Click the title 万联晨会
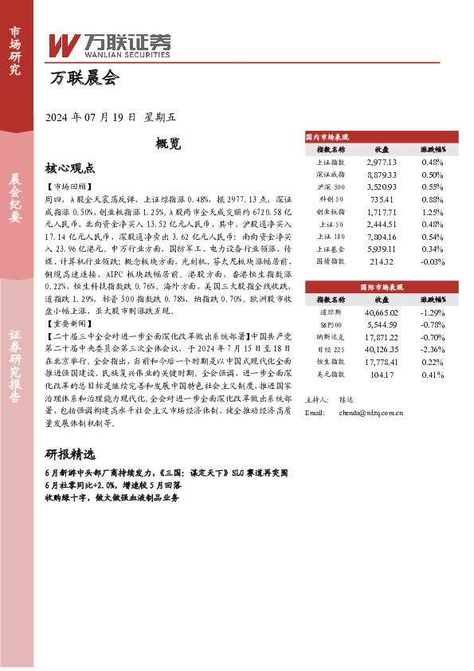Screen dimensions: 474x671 point(84,79)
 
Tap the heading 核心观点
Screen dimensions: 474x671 point(70,169)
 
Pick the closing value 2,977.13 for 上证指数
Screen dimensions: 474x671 point(382,162)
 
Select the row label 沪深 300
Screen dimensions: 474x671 point(331,186)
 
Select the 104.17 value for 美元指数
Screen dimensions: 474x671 point(382,374)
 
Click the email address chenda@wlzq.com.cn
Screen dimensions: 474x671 point(370,413)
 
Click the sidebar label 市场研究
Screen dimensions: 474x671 point(15,50)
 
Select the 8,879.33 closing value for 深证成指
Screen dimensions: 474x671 point(382,174)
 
